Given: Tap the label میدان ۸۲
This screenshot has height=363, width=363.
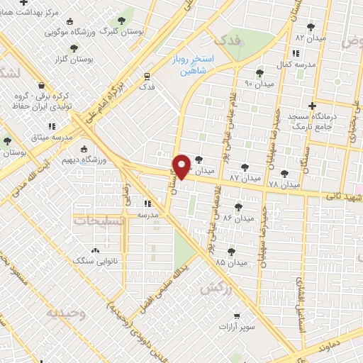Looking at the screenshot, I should pos(309,36).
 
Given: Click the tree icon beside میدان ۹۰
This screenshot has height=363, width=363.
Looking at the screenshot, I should pos(260,72).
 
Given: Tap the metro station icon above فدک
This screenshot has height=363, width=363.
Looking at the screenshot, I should pos(147,75).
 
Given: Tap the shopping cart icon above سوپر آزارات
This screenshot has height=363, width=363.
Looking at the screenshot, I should pos(237,316).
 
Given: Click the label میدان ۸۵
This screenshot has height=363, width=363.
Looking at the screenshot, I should pos(232,262).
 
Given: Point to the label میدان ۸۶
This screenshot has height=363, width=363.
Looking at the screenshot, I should pos(238,218).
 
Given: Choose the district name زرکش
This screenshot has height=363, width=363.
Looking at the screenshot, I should pos(216,289).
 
